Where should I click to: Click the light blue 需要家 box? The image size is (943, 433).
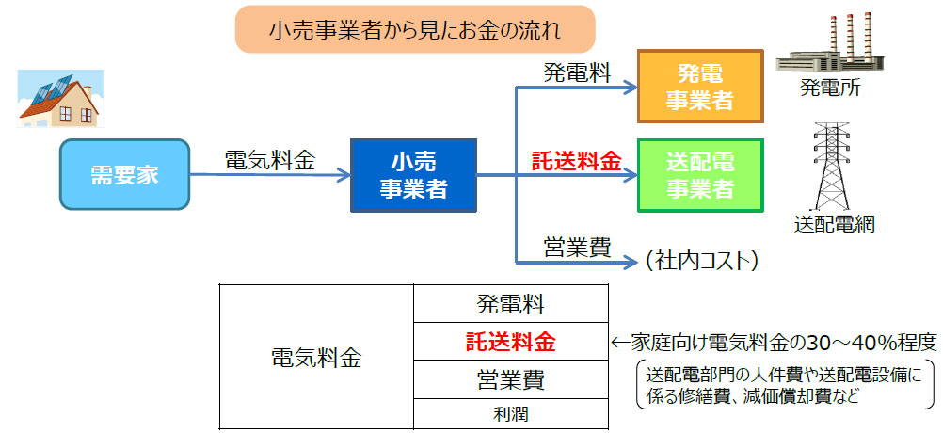pyautogui.click(x=124, y=174)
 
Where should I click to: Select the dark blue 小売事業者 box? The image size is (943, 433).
pyautogui.click(x=413, y=175)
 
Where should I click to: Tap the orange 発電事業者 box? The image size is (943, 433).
pyautogui.click(x=700, y=87)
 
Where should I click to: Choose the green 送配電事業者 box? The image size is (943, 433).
pyautogui.click(x=700, y=175)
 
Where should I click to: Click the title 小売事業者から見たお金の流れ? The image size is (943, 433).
pyautogui.click(x=415, y=29)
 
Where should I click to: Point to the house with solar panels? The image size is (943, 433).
pyautogui.click(x=60, y=99)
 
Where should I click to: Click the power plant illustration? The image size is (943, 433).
pyautogui.click(x=830, y=43)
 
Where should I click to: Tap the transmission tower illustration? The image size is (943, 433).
pyautogui.click(x=831, y=166)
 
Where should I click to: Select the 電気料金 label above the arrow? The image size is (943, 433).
pyautogui.click(x=270, y=161)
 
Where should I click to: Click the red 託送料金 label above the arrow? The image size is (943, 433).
pyautogui.click(x=576, y=161)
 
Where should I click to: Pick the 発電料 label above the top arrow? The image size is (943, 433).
pyautogui.click(x=577, y=72)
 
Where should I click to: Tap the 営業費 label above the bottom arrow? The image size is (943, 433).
pyautogui.click(x=577, y=248)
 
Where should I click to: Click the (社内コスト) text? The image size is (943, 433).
pyautogui.click(x=700, y=261)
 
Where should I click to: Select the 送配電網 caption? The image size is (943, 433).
pyautogui.click(x=834, y=224)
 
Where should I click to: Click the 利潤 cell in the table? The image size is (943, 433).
pyautogui.click(x=511, y=414)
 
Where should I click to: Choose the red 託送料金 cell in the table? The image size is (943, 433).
pyautogui.click(x=511, y=342)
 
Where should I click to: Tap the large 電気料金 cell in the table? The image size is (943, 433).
pyautogui.click(x=317, y=358)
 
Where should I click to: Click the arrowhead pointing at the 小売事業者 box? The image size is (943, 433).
pyautogui.click(x=344, y=175)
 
